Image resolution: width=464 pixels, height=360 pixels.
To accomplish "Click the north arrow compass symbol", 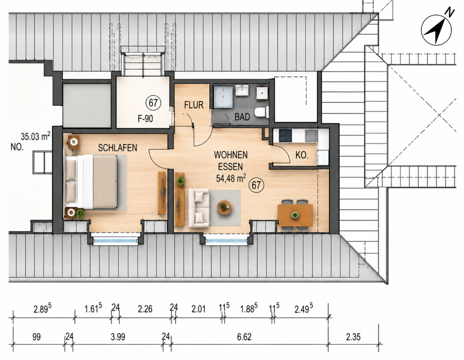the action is [436, 29].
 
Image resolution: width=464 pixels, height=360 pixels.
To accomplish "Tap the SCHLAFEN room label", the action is [117, 148].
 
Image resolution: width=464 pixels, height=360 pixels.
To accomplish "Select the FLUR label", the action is [194, 105].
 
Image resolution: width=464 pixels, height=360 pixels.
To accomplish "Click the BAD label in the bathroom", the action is [242, 117].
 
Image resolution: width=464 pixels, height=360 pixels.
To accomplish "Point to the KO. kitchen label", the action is [302, 155].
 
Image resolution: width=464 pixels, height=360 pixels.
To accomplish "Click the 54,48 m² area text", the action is [231, 178].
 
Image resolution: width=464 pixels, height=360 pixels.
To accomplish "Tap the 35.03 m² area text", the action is [35, 136].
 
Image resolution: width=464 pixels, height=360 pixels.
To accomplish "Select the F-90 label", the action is [145, 119].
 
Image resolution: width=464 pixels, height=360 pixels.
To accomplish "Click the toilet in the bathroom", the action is [262, 112].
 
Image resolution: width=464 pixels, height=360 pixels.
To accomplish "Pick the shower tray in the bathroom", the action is [223, 97].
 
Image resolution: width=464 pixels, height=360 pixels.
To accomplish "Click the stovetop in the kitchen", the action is [285, 135].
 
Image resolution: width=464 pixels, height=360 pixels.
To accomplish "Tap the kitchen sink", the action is [311, 135].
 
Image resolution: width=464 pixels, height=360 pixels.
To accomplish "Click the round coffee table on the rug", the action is [224, 207].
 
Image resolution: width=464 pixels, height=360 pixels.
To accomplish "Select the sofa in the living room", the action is [199, 208].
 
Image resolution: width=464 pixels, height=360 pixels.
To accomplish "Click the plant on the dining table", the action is [295, 215].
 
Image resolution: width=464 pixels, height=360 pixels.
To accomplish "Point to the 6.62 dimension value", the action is [244, 336].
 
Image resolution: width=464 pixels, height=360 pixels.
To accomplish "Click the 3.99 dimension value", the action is [118, 336].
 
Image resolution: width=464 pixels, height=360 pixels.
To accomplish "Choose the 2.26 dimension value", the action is [145, 309].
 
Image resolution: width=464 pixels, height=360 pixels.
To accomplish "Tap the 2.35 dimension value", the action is [353, 336].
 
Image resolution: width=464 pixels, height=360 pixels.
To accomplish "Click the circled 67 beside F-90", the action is [153, 103].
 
